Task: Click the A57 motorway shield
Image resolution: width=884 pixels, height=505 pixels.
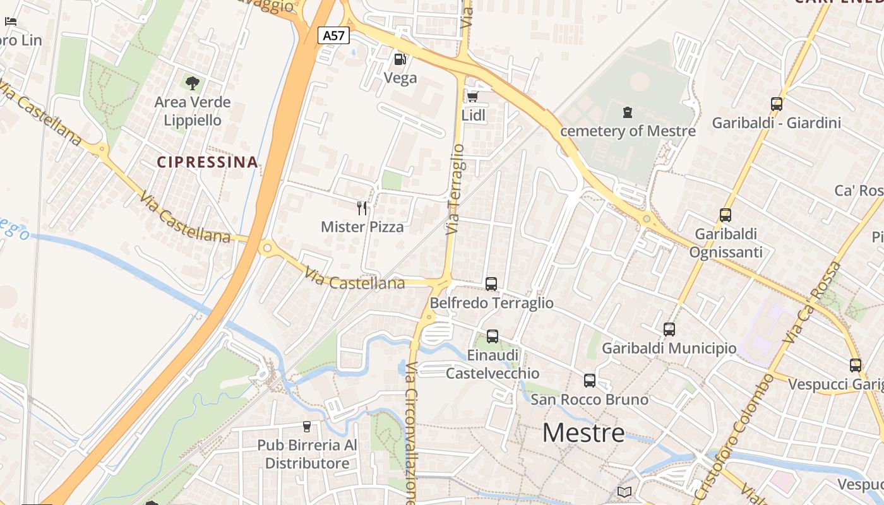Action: tap(333, 35)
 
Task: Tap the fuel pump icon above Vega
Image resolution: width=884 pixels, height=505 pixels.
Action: tap(400, 59)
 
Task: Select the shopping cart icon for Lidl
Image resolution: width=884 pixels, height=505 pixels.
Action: tap(472, 97)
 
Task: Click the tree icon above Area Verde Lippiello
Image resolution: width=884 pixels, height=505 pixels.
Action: tap(192, 83)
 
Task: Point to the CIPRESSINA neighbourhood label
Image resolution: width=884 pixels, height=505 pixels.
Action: tap(208, 162)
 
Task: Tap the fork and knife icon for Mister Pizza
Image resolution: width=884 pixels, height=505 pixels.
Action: tap(362, 208)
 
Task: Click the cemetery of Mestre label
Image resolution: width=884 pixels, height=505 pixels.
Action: tap(628, 131)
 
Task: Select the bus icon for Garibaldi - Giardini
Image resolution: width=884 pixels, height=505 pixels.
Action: tap(776, 104)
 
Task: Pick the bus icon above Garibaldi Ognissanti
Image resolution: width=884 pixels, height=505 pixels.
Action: tap(725, 215)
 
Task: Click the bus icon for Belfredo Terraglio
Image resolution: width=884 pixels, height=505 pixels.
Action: tap(491, 284)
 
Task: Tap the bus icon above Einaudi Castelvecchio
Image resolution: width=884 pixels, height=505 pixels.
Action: tap(493, 336)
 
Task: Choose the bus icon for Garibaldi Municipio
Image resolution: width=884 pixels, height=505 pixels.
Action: tap(669, 329)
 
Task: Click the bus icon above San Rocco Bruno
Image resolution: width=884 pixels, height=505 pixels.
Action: tap(589, 380)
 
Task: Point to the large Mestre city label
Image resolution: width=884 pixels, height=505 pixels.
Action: tap(583, 433)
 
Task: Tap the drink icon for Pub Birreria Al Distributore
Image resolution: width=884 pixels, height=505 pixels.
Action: tap(307, 427)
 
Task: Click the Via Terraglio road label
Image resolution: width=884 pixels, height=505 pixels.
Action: tap(455, 189)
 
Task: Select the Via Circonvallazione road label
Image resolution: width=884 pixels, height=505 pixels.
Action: tap(411, 432)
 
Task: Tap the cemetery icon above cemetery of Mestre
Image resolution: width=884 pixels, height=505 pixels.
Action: tap(627, 112)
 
